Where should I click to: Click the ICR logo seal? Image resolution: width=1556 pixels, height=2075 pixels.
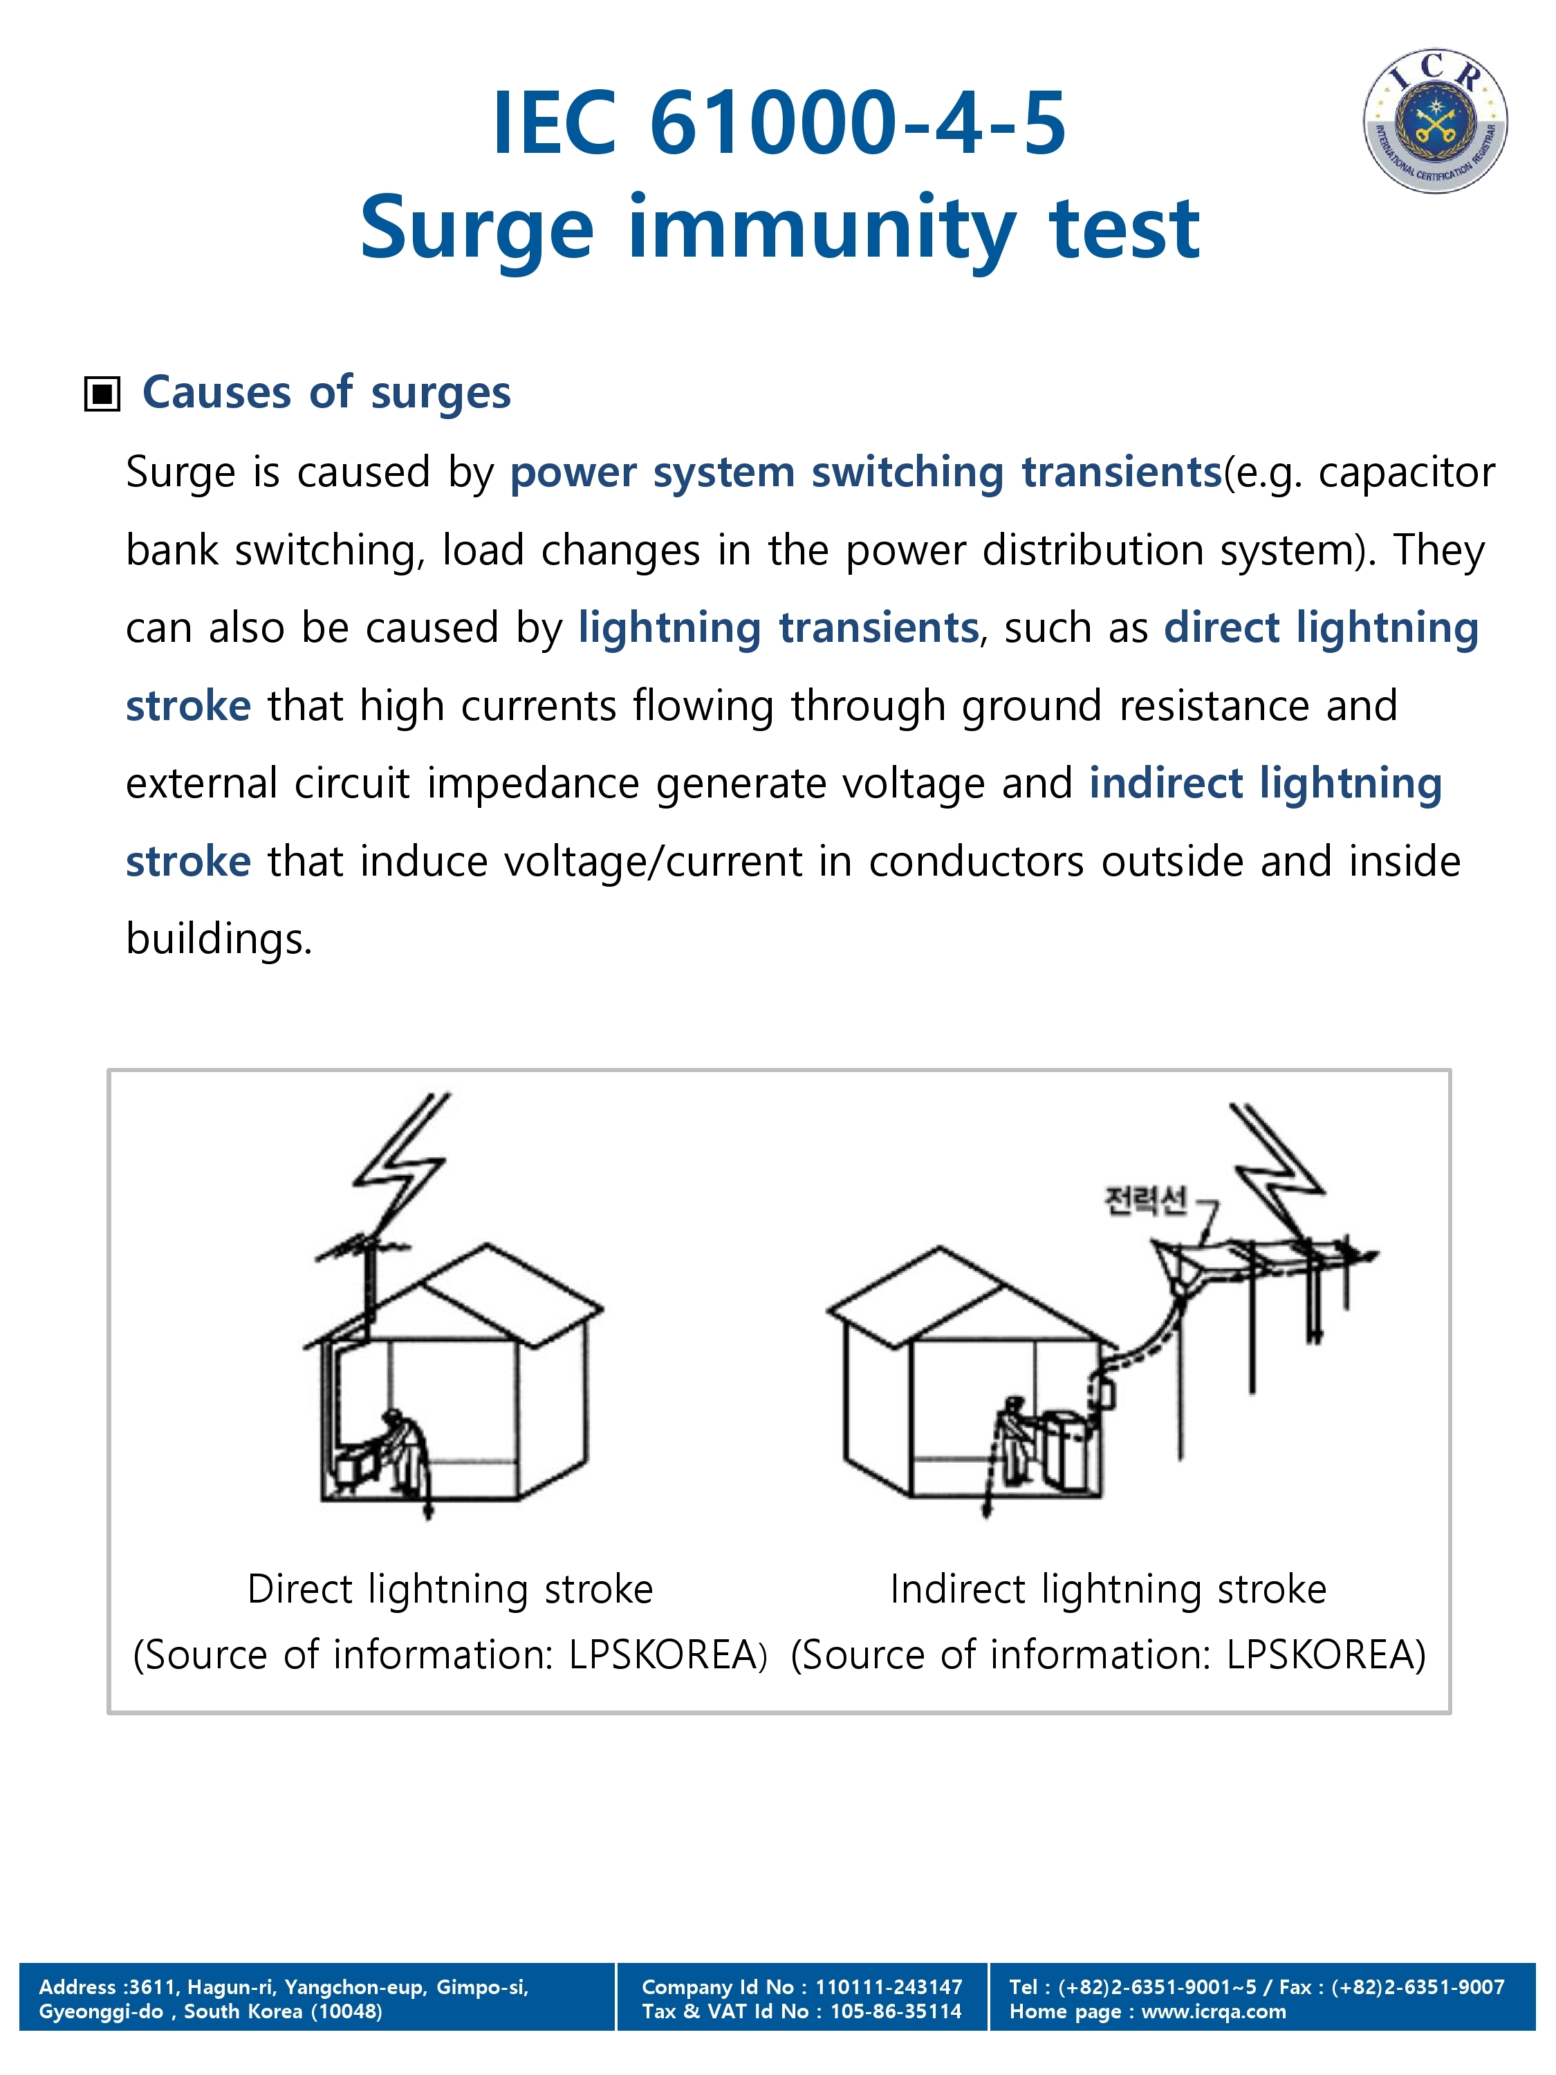(x=1434, y=121)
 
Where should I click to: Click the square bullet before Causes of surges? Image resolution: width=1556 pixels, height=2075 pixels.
(x=102, y=394)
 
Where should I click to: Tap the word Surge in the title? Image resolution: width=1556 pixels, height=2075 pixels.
(x=476, y=229)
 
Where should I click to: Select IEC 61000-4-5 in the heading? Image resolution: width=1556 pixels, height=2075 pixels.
(x=779, y=123)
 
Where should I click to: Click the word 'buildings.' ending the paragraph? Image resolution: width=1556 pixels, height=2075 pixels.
(x=219, y=939)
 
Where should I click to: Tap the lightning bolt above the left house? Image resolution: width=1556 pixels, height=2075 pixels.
(x=403, y=1163)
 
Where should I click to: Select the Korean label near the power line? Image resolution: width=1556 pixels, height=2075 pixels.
(x=1145, y=1200)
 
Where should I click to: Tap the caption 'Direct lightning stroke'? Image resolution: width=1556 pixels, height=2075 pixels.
(x=450, y=1589)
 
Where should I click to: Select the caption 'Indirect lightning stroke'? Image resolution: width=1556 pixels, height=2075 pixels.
(x=1108, y=1589)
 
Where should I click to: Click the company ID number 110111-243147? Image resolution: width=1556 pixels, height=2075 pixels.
(x=887, y=1987)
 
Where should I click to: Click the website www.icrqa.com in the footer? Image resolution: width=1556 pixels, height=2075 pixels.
(x=1213, y=2011)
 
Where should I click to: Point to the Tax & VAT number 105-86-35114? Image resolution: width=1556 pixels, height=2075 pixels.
(x=895, y=2011)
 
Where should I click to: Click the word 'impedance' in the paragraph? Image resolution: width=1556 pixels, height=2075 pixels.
(x=532, y=783)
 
